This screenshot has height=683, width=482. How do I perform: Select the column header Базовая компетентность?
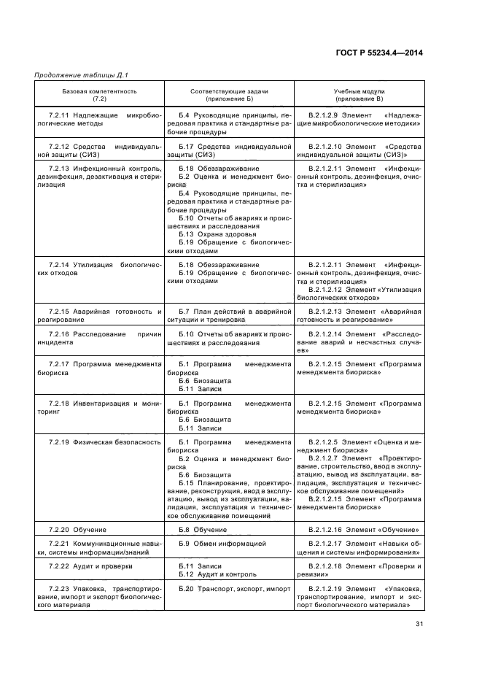(x=99, y=91)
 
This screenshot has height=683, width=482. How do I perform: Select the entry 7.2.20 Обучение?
(x=77, y=529)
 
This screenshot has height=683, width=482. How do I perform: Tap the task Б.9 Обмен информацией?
(x=222, y=544)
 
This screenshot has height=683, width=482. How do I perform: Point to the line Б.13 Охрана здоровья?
(x=217, y=234)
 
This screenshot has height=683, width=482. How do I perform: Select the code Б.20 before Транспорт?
(x=187, y=588)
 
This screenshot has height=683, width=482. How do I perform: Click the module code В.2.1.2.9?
(x=325, y=116)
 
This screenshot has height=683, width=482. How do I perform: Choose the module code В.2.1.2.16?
(x=327, y=529)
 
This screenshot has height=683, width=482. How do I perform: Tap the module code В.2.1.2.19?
(x=327, y=588)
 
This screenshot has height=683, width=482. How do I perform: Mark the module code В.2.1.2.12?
(x=327, y=290)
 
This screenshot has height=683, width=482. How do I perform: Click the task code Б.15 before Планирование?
(x=187, y=482)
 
